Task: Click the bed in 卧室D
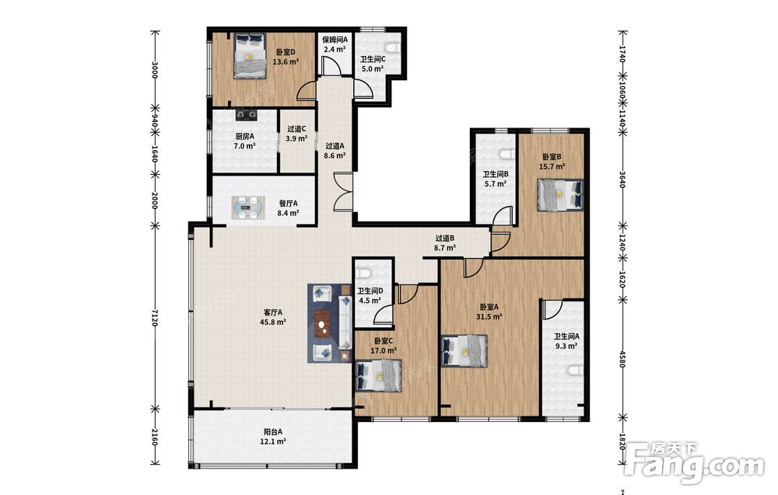[250, 56]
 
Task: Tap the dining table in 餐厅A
[248, 208]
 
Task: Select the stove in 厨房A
[247, 116]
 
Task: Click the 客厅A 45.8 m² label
[273, 317]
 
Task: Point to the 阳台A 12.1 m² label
[273, 436]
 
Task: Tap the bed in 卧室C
[379, 375]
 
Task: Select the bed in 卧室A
[464, 351]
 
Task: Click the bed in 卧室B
[559, 195]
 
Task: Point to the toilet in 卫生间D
[363, 273]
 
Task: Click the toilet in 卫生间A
[576, 370]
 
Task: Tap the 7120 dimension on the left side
[154, 317]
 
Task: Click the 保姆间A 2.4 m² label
[335, 44]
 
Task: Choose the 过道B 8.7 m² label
[444, 242]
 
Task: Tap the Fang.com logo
[695, 463]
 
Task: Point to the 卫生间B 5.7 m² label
[495, 179]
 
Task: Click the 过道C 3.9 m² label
[296, 134]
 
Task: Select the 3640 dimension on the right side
[622, 180]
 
